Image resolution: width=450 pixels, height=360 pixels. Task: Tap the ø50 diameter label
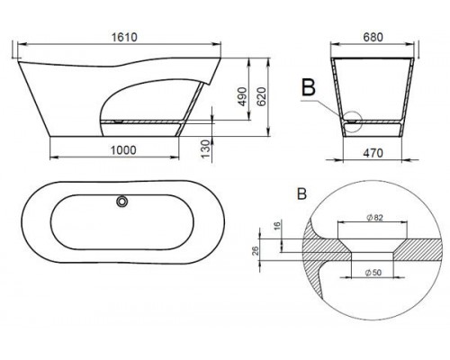pos(369,272)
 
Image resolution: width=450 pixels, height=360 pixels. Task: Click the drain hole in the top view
pos(120,202)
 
